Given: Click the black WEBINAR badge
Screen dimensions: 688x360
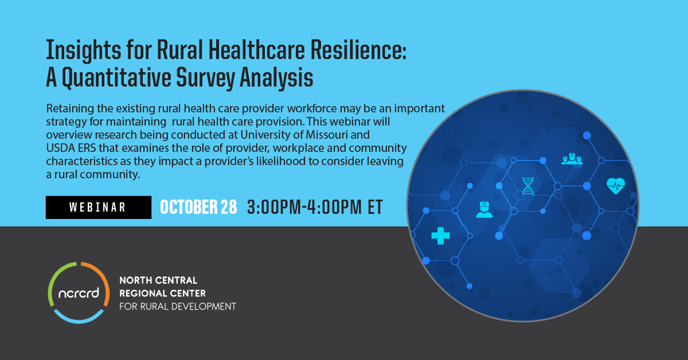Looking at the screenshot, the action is [99, 208].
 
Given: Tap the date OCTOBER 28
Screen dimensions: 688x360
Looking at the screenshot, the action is [198, 207].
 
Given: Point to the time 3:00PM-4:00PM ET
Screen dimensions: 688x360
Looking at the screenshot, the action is [315, 207].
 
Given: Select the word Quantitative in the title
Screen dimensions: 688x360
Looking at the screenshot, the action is [117, 78].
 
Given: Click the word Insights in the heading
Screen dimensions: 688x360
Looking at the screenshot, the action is [84, 51].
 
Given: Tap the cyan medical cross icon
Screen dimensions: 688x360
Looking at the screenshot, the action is [440, 236].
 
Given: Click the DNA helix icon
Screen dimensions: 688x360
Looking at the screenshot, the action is [527, 186].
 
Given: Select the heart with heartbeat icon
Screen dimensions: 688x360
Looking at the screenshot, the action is [616, 186].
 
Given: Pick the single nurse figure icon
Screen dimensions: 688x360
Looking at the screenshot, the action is [484, 210].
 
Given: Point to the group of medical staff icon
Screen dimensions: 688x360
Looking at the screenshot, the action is [572, 159].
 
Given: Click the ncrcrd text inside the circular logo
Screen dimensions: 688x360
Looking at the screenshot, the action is [79, 293].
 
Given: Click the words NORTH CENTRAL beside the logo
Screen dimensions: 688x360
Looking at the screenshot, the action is [158, 280].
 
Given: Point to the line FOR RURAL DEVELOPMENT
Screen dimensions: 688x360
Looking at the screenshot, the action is [178, 307].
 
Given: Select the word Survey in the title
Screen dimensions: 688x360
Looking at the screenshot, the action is [205, 78].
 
